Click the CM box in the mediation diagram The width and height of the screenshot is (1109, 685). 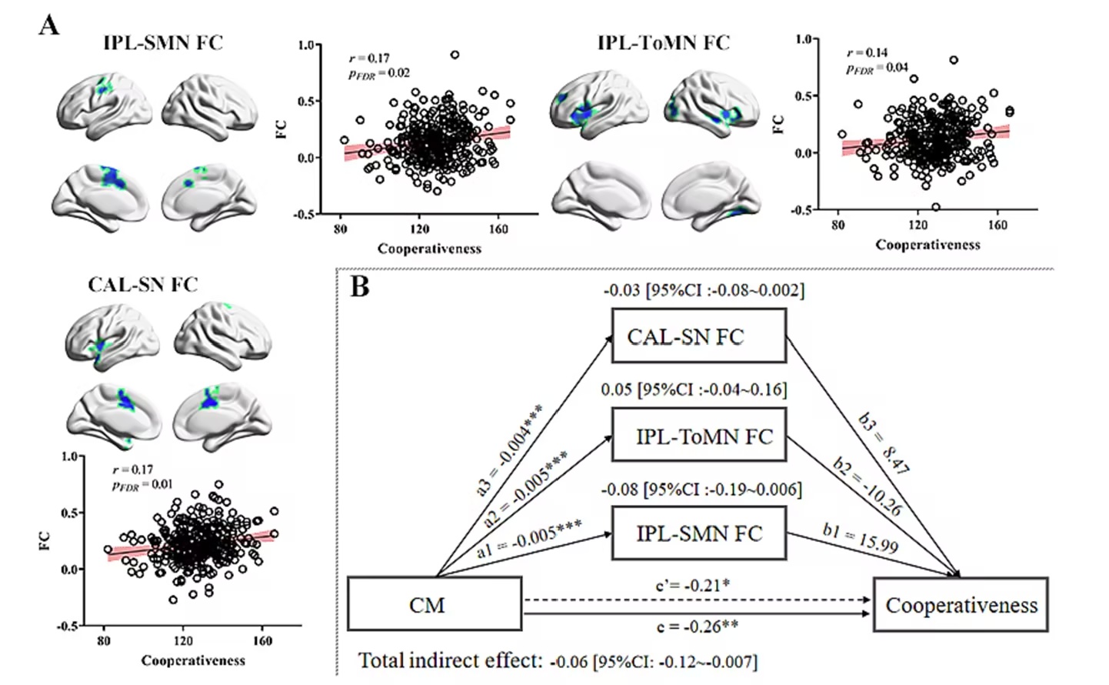[x=435, y=603]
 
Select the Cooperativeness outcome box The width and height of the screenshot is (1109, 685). [x=961, y=604]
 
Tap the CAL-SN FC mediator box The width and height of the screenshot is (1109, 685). [x=698, y=336]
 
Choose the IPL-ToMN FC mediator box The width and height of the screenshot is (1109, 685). [x=698, y=435]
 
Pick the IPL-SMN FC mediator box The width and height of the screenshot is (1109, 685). [x=698, y=533]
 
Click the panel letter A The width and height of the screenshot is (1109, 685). [x=48, y=25]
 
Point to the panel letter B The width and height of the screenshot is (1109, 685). [x=360, y=286]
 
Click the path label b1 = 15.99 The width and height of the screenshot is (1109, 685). [x=861, y=539]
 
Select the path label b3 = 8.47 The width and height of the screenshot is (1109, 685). [x=884, y=443]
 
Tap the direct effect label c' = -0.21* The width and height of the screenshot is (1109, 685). [x=693, y=586]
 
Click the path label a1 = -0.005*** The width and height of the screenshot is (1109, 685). [x=530, y=538]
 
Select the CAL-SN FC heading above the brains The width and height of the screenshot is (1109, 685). [x=143, y=284]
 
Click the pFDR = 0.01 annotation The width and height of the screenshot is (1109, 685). [x=142, y=486]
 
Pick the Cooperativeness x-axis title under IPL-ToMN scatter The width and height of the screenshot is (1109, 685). [x=927, y=245]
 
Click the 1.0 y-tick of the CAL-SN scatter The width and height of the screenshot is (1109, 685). [x=70, y=456]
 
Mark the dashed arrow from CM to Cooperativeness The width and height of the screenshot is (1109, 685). [x=698, y=600]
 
